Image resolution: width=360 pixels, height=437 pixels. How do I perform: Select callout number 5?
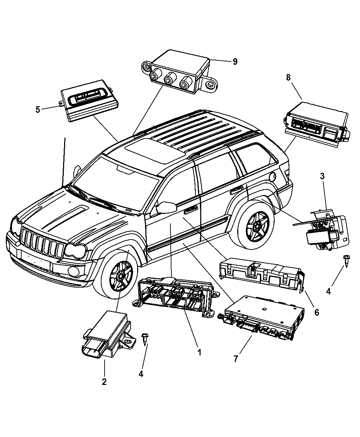coord(38,110)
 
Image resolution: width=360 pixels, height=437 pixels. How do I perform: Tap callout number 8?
coord(288,77)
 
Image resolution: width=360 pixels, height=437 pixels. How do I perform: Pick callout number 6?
coord(316,312)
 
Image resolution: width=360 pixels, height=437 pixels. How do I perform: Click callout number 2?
coord(104,381)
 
